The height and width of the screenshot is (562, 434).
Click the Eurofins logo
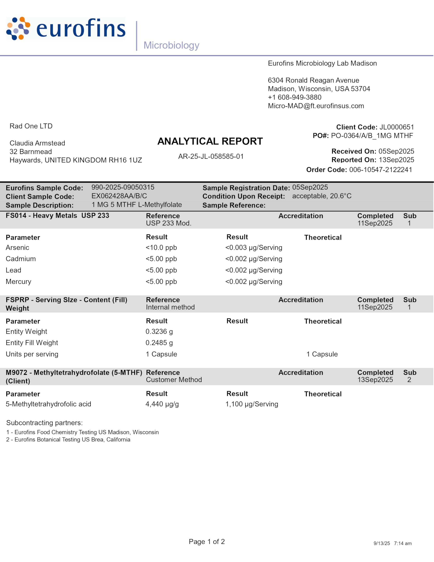pyautogui.click(x=66, y=29)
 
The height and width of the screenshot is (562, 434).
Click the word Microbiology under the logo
pyautogui.click(x=171, y=45)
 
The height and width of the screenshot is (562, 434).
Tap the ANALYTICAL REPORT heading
pyautogui.click(x=210, y=141)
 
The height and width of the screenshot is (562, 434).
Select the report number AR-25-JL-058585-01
pyautogui.click(x=211, y=157)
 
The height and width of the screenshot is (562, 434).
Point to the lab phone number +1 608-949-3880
pyautogui.click(x=295, y=97)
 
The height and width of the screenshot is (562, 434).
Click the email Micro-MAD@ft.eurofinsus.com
pyautogui.click(x=316, y=106)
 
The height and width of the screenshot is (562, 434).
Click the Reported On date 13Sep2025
pyautogui.click(x=396, y=160)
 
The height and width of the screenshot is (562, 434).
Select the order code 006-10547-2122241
pyautogui.click(x=380, y=170)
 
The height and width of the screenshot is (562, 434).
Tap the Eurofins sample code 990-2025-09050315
pyautogui.click(x=123, y=187)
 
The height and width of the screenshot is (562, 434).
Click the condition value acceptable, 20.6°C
pyautogui.click(x=322, y=196)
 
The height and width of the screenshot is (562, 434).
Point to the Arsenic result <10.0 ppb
pyautogui.click(x=161, y=248)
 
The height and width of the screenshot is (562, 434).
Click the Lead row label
pyautogui.click(x=13, y=270)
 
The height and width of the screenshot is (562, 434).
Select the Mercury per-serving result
pyautogui.click(x=254, y=281)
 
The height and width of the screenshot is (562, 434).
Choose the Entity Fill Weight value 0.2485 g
pyautogui.click(x=159, y=343)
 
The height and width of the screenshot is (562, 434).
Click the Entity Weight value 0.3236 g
pyautogui.click(x=159, y=331)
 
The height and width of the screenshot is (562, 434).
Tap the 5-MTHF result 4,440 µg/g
pyautogui.click(x=162, y=404)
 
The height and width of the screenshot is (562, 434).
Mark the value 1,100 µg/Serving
pyautogui.click(x=252, y=404)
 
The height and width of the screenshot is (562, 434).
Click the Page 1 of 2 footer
pyautogui.click(x=207, y=542)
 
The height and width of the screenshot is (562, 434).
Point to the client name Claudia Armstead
pyautogui.click(x=37, y=143)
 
